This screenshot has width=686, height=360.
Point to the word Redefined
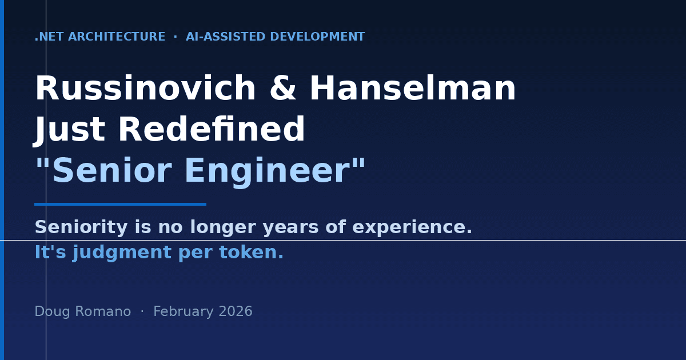coord(212,131)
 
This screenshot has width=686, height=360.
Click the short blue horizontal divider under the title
coord(120,204)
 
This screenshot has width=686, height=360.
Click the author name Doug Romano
coord(82,312)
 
